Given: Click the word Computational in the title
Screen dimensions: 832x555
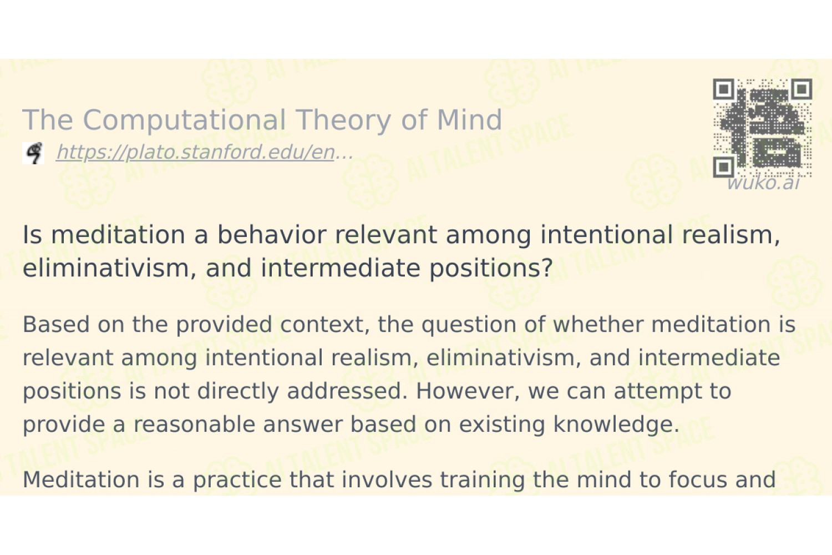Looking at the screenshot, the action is [x=187, y=120].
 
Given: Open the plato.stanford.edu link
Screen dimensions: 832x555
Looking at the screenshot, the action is [x=205, y=153].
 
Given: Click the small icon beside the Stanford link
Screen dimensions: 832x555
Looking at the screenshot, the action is [x=33, y=153].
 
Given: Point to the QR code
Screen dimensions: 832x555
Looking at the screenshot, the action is [x=763, y=128].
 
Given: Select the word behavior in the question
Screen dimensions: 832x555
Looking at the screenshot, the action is [x=272, y=235].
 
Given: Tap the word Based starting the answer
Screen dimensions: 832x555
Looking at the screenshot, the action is [x=56, y=324].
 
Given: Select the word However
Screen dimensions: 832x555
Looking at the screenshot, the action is [x=468, y=391].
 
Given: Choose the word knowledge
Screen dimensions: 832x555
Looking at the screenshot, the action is [x=616, y=425].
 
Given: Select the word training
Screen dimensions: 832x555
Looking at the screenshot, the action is [x=483, y=480].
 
